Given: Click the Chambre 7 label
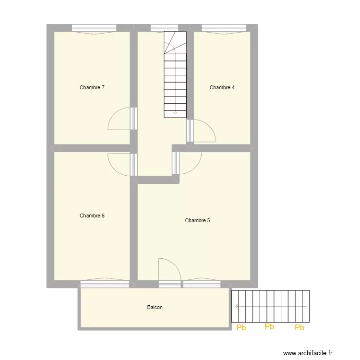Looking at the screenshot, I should (92, 87).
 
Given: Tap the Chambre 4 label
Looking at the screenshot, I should (222, 87).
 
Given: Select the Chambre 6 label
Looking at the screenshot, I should (92, 216).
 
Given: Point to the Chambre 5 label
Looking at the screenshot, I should (197, 220).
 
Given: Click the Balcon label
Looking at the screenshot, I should (155, 307).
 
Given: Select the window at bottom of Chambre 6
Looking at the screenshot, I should (104, 284).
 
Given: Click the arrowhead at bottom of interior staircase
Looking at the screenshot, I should (175, 113).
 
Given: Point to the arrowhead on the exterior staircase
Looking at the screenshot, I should (237, 306).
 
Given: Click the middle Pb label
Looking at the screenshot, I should (269, 327).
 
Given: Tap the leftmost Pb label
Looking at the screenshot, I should (241, 328).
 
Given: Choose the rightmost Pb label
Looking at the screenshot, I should (300, 328).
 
